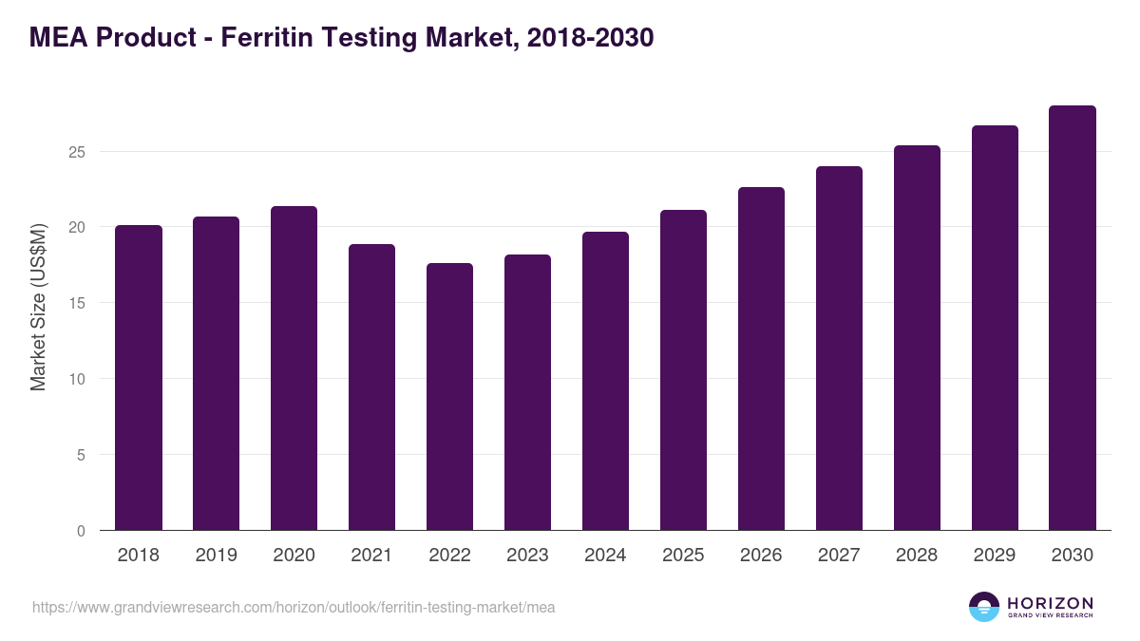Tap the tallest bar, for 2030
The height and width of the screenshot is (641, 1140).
(1073, 318)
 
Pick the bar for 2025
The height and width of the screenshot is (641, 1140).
(683, 370)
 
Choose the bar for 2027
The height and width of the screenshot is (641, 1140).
(839, 349)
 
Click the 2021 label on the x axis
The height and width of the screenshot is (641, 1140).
(371, 556)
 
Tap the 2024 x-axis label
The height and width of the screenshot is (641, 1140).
(605, 556)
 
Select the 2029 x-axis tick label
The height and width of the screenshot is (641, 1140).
(995, 556)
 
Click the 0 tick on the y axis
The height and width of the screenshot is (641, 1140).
(81, 531)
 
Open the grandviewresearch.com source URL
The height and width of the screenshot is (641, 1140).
(294, 607)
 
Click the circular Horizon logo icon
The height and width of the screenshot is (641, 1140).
(984, 607)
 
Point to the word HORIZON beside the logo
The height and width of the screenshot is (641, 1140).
(1050, 603)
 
